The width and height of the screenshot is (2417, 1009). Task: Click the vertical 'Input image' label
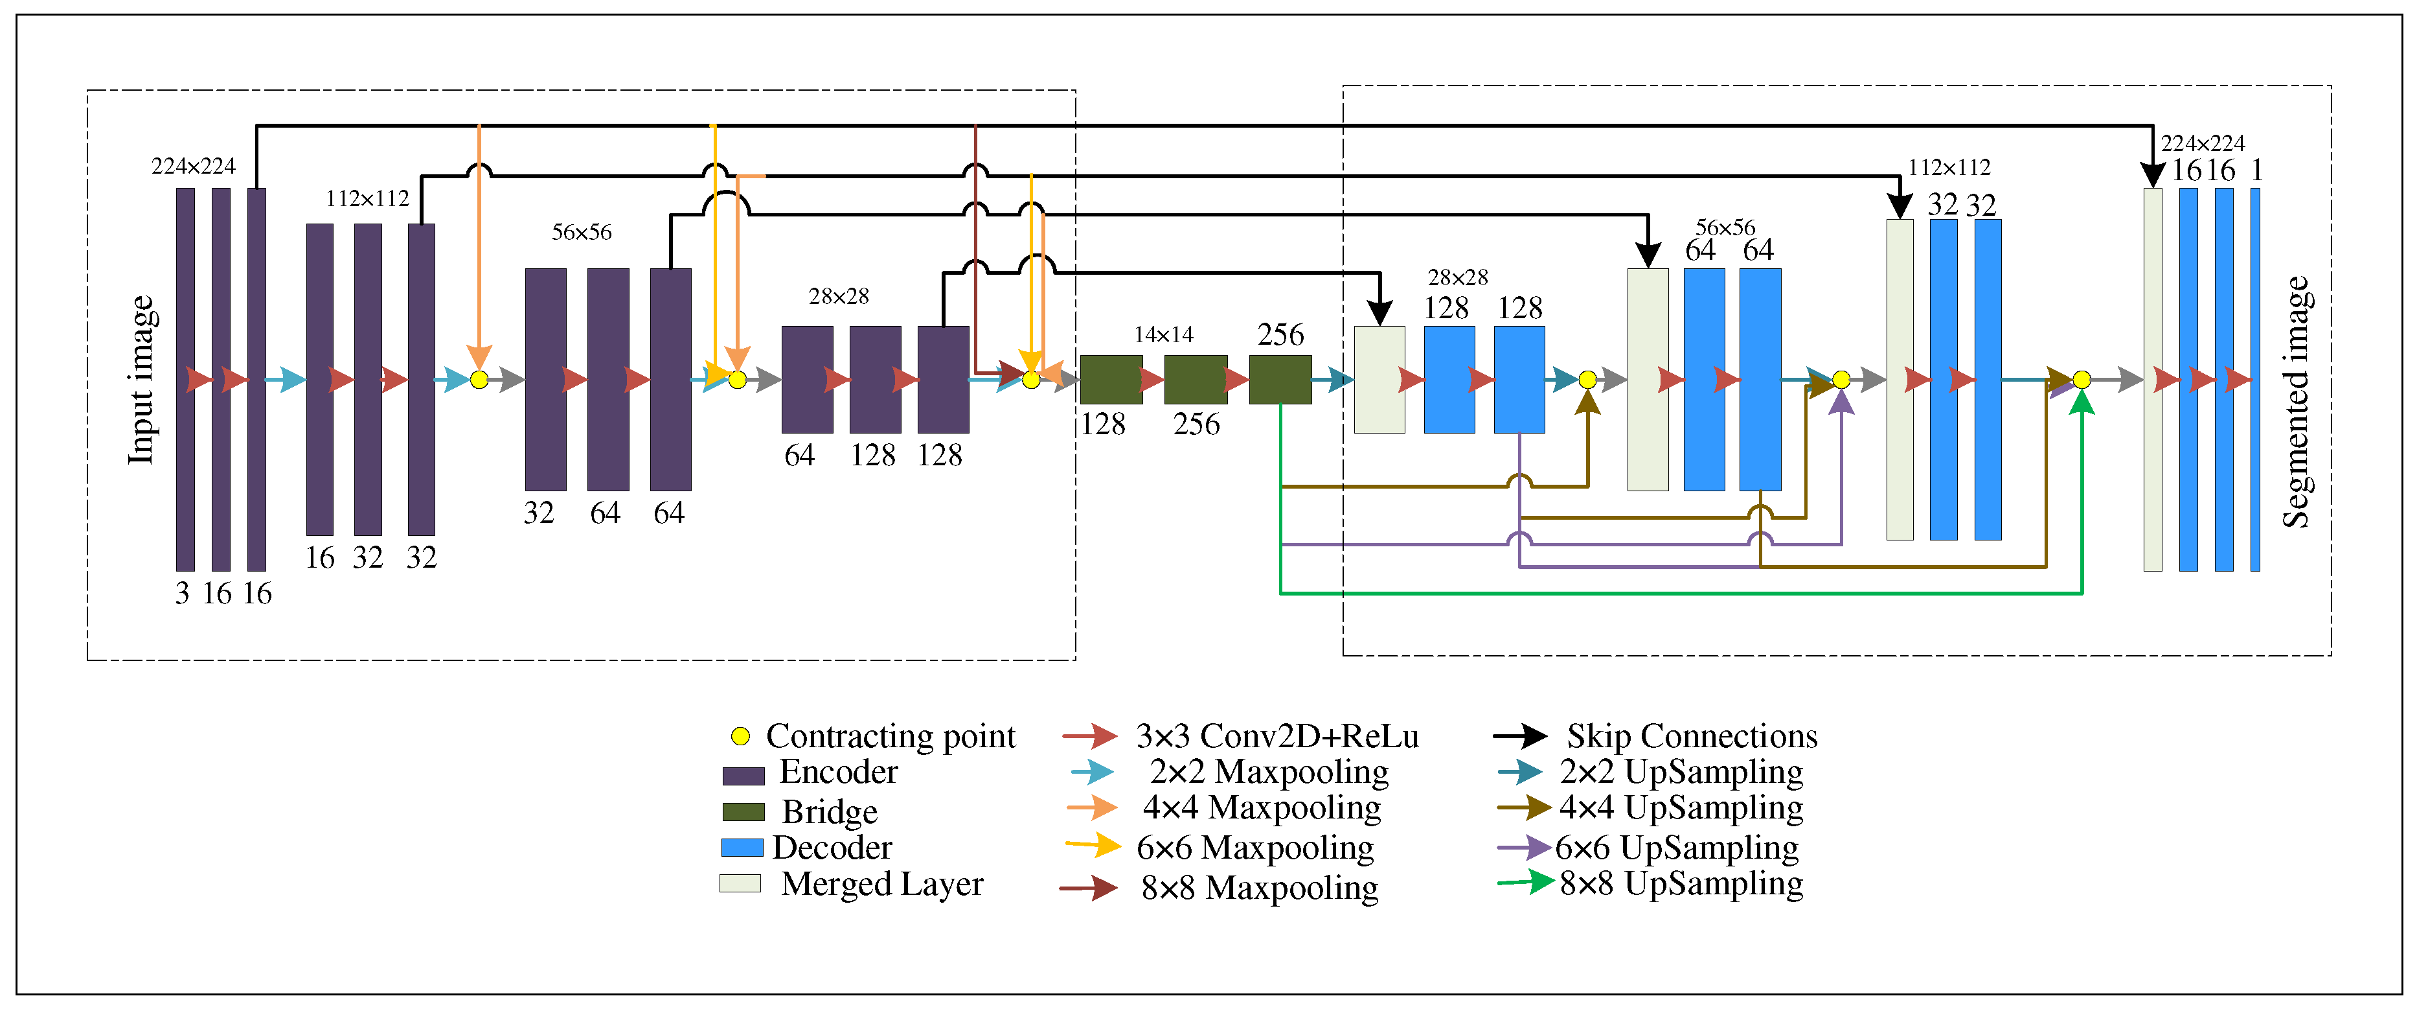(141, 380)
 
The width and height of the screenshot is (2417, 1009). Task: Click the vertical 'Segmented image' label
(2296, 402)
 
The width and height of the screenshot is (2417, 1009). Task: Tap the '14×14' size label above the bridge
(1163, 335)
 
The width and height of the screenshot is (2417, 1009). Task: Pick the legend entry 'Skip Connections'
(1692, 736)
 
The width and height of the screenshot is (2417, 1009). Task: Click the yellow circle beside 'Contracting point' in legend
(740, 737)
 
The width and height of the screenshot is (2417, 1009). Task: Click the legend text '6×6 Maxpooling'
(1254, 848)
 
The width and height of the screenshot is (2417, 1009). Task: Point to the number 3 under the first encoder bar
(182, 593)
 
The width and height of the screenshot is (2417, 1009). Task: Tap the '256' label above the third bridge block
(1281, 335)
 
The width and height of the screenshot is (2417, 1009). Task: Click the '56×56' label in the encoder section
(581, 232)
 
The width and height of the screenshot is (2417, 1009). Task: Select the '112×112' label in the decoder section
(1949, 167)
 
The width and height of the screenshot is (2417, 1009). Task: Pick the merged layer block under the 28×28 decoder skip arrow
(1379, 380)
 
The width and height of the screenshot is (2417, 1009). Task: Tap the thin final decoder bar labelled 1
(2256, 380)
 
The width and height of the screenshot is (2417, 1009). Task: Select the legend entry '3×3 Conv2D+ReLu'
(1276, 737)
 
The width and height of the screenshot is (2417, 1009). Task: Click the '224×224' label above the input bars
(193, 166)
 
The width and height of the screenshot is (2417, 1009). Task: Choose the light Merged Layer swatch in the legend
(740, 884)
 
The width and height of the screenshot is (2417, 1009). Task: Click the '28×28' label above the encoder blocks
(839, 297)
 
